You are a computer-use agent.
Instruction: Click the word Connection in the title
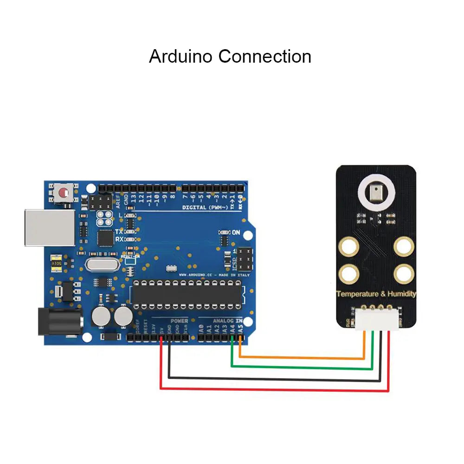coord(265,57)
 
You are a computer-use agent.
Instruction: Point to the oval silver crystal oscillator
coord(100,265)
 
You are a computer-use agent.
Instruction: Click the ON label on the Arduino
coord(236,232)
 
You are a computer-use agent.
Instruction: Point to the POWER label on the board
coord(179,321)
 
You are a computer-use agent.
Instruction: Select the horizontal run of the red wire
coord(274,390)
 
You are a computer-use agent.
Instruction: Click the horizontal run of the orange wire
coord(302,358)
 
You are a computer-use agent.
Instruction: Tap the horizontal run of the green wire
coord(302,367)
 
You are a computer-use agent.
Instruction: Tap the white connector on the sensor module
coord(377,320)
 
